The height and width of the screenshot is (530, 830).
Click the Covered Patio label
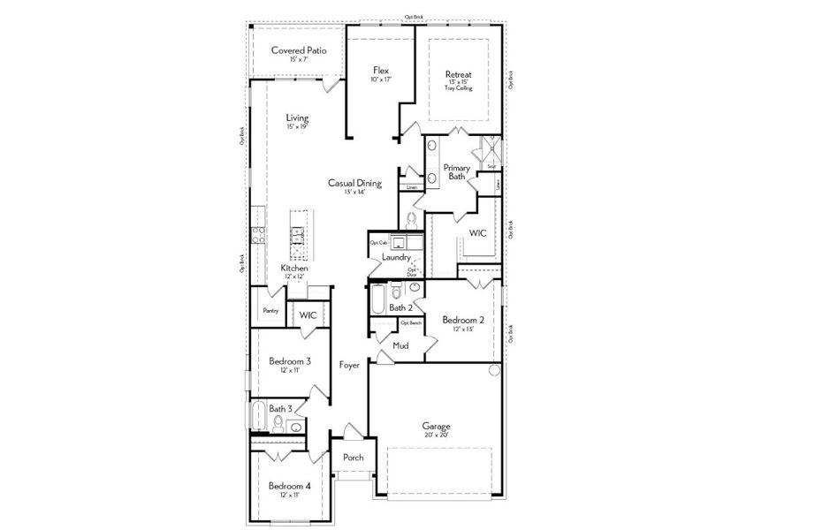[299, 50]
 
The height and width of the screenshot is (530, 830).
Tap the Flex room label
[381, 70]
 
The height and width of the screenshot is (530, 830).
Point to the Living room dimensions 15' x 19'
[298, 127]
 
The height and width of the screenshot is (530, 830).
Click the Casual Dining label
[354, 183]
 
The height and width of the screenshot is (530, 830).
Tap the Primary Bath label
[456, 171]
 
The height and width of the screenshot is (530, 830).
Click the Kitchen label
[294, 268]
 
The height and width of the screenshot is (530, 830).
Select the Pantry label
[270, 311]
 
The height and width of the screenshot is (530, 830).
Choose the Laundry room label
[396, 257]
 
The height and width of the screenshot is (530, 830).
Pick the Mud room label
[400, 345]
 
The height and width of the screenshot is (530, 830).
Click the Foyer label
[350, 364]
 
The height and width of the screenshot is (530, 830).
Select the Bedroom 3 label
[290, 361]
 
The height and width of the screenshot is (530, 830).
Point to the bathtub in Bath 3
[258, 416]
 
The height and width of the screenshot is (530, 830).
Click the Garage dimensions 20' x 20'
[437, 434]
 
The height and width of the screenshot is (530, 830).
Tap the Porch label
[354, 457]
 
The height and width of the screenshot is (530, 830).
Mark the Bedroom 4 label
[290, 486]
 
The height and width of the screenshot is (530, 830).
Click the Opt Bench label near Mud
[411, 323]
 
